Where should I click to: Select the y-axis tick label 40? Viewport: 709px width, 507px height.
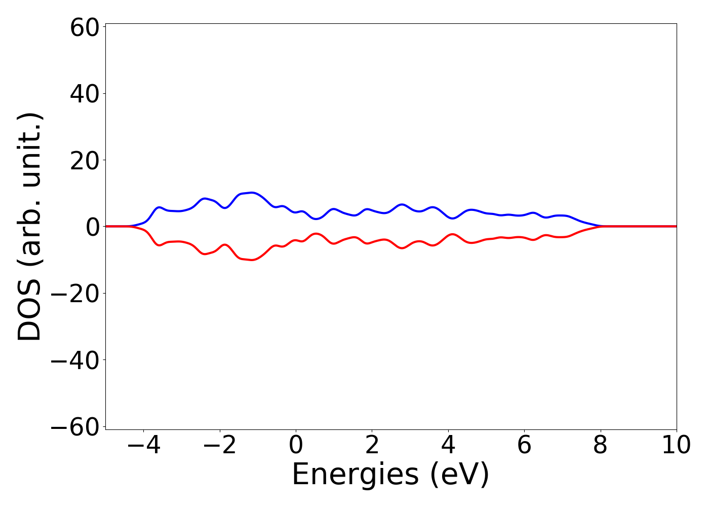(x=84, y=94)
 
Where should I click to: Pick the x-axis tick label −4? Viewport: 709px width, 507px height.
(x=144, y=445)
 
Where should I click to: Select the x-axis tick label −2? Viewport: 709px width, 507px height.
(x=220, y=445)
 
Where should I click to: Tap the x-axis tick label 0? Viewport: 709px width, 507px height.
(x=296, y=445)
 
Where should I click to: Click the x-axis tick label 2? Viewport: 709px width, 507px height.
(x=372, y=445)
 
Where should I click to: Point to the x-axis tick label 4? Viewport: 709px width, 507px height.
(x=448, y=445)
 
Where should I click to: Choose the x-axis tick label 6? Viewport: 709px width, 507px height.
(x=524, y=445)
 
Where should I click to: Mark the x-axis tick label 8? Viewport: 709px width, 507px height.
(x=600, y=445)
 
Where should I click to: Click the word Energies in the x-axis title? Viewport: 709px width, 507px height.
(x=355, y=476)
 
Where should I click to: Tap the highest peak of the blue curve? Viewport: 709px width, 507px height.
(x=252, y=193)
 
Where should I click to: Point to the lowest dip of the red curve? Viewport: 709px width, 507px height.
(x=252, y=260)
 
